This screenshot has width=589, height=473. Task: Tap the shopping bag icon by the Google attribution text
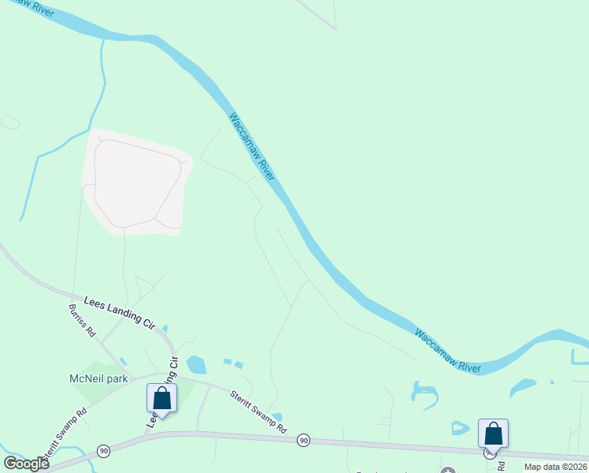[493, 434]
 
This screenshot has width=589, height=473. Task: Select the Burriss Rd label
[82, 320]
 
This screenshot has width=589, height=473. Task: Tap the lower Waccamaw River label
[447, 352]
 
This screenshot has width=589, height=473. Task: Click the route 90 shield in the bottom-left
[103, 450]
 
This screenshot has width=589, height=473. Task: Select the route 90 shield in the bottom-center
[304, 440]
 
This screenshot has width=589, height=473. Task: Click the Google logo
[26, 464]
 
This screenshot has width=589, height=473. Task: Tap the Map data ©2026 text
[555, 467]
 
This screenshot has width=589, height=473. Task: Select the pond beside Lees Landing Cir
[196, 364]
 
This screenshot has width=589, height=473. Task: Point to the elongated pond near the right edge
[523, 387]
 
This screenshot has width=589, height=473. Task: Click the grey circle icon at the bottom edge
[448, 471]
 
